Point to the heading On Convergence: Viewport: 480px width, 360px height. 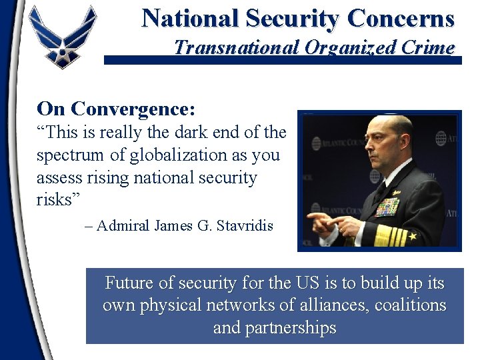(116, 108)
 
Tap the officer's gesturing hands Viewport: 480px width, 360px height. (333, 222)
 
